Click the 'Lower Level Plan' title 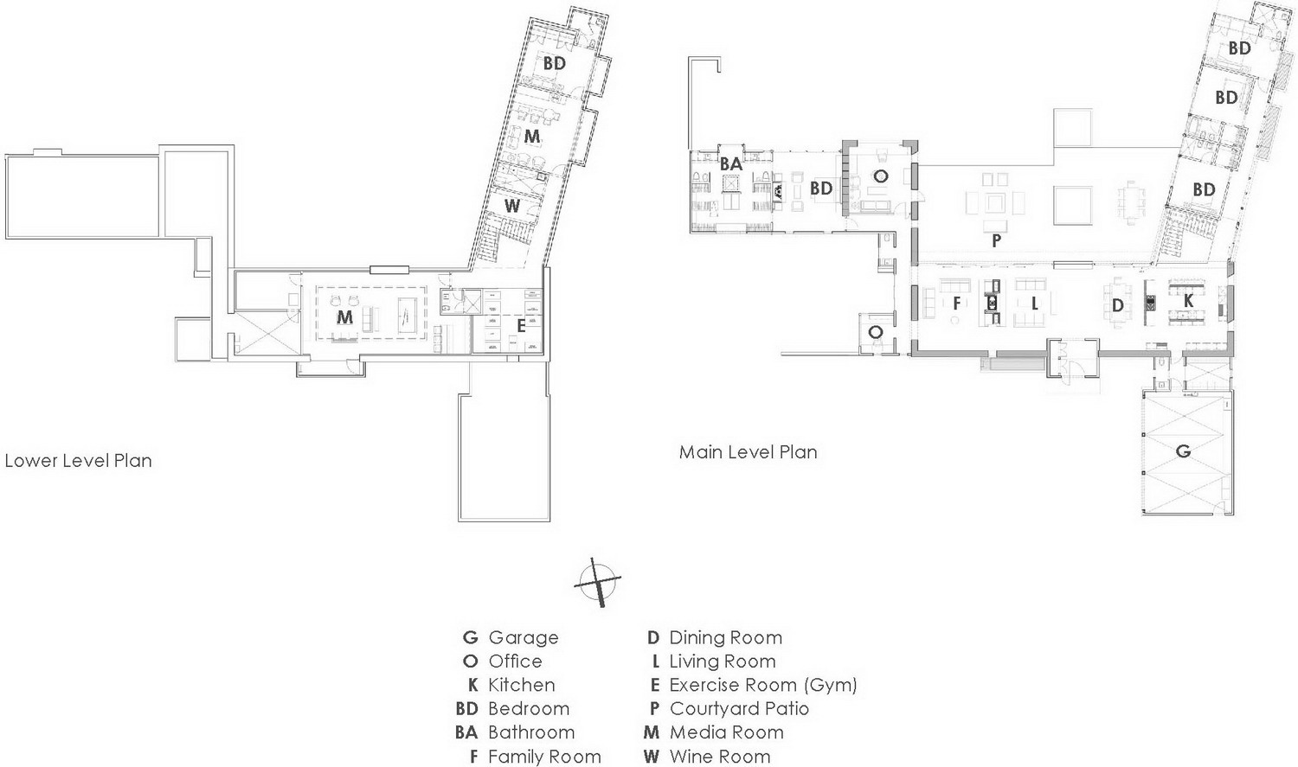[x=78, y=461]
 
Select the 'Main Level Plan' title [x=749, y=452]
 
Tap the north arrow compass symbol [x=597, y=582]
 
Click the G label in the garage [x=1183, y=451]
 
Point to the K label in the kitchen [x=1188, y=300]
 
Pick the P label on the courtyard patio [x=996, y=240]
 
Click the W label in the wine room [x=511, y=206]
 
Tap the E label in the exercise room [x=521, y=327]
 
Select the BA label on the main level [x=730, y=164]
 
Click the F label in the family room [x=957, y=303]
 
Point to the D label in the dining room [x=1118, y=305]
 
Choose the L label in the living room [x=1034, y=303]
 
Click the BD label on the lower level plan [x=554, y=63]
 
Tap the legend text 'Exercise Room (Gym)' [x=763, y=685]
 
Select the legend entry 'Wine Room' [x=720, y=756]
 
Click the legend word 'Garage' [x=524, y=638]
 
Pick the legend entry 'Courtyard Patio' [x=739, y=708]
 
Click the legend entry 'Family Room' [x=544, y=756]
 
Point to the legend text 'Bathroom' [x=531, y=732]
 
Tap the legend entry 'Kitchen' [x=522, y=685]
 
